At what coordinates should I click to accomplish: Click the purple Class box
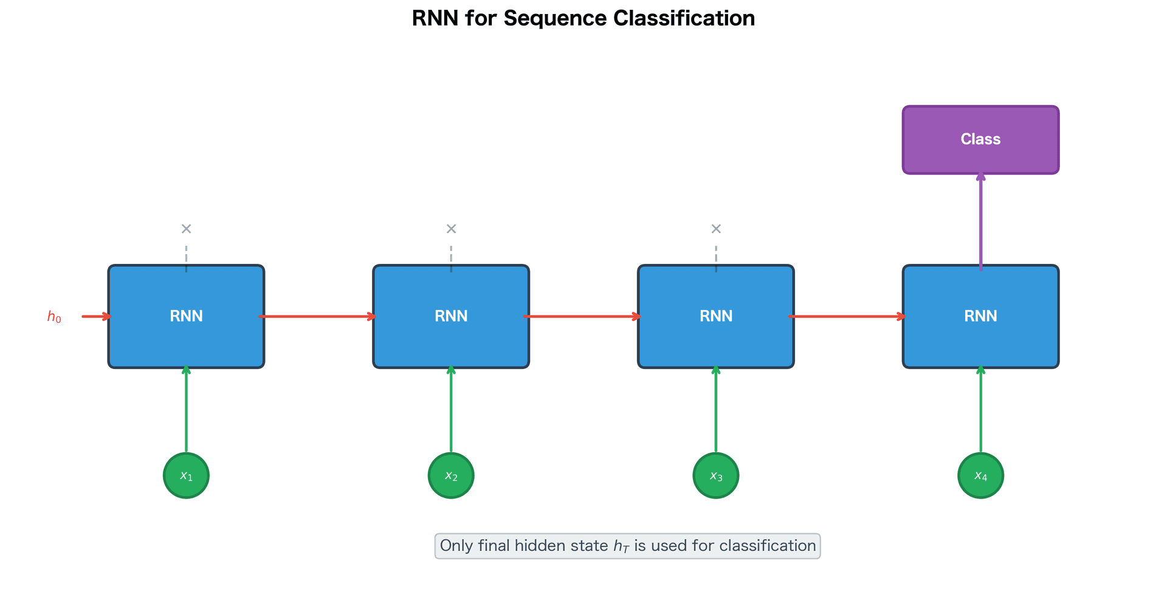(980, 140)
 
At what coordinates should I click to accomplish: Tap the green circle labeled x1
(186, 475)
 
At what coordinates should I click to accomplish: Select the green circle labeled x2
(451, 475)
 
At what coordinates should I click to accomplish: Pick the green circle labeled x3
(716, 475)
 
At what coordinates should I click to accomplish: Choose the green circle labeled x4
(980, 475)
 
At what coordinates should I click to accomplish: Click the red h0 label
(54, 317)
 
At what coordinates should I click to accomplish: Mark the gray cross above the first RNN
(186, 229)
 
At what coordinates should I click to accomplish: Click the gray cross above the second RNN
(451, 229)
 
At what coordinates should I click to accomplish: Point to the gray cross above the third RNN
(716, 229)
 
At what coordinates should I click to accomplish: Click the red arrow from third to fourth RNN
(848, 316)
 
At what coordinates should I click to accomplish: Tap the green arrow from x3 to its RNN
(716, 410)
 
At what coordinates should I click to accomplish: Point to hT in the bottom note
(621, 546)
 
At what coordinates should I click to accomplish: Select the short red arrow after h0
(96, 316)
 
